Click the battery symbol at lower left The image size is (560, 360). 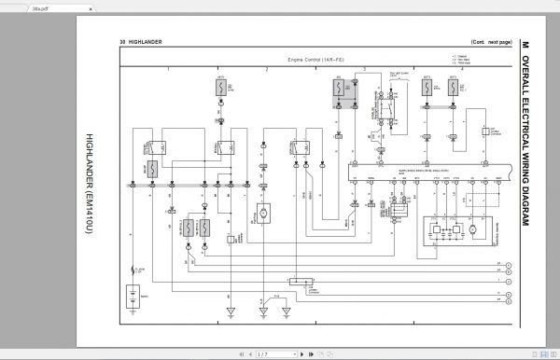coord(136,298)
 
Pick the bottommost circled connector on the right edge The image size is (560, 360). coord(509,300)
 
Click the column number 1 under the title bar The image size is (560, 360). coord(169,70)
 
